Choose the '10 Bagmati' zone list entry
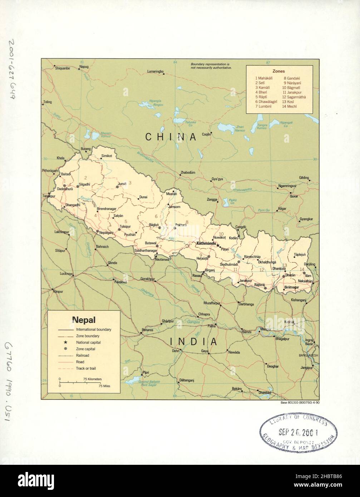coord(291,87)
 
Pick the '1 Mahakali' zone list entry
coord(263,78)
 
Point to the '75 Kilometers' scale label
coord(93,379)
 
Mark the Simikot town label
coord(106,156)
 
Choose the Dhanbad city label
coord(265,393)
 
